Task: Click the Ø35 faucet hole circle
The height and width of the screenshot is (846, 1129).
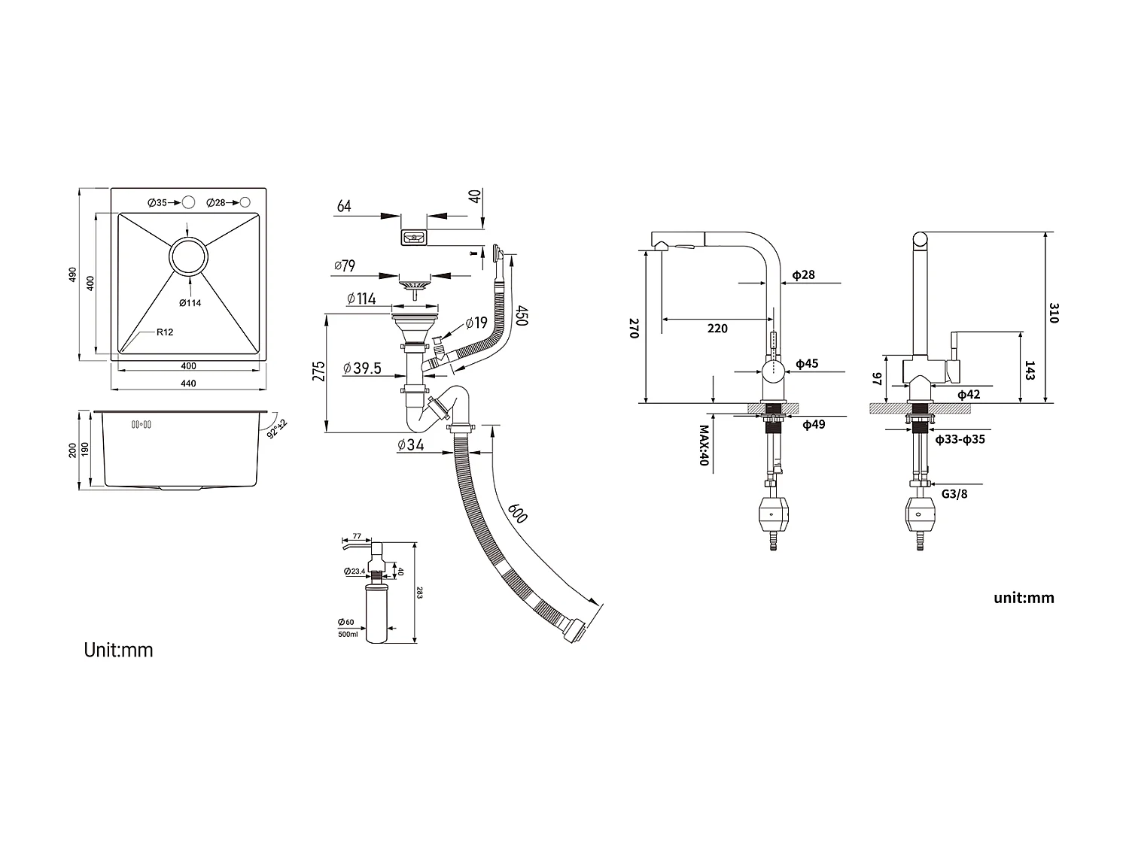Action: (189, 202)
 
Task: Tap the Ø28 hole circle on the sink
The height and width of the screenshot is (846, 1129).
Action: (245, 202)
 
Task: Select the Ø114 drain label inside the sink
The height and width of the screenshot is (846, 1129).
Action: (190, 302)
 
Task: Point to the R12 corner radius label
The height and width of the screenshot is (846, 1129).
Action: (165, 332)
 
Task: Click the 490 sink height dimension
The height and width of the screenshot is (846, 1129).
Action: (72, 274)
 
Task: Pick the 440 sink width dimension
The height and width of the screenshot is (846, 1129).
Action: (188, 384)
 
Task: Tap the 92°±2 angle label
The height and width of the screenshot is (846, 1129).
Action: (277, 429)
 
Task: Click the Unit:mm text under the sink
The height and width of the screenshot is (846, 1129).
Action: (118, 650)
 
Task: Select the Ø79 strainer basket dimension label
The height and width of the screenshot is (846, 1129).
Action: (344, 265)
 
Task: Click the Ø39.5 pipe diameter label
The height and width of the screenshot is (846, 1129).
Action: (362, 368)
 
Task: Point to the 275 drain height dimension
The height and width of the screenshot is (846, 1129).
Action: (318, 371)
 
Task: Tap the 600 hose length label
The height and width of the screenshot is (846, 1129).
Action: (517, 513)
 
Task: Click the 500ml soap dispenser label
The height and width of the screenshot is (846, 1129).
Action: (348, 635)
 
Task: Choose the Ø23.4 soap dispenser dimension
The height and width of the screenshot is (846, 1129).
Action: (355, 572)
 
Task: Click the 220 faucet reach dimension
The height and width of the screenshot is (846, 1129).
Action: (717, 328)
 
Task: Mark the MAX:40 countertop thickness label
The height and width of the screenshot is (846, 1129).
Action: (704, 445)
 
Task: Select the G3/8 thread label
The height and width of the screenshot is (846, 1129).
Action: (954, 494)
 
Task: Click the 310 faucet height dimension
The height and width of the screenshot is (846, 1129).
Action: (1054, 313)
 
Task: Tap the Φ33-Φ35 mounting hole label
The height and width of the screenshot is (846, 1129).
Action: (960, 439)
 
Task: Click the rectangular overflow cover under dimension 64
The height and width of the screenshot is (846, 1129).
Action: (413, 238)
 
